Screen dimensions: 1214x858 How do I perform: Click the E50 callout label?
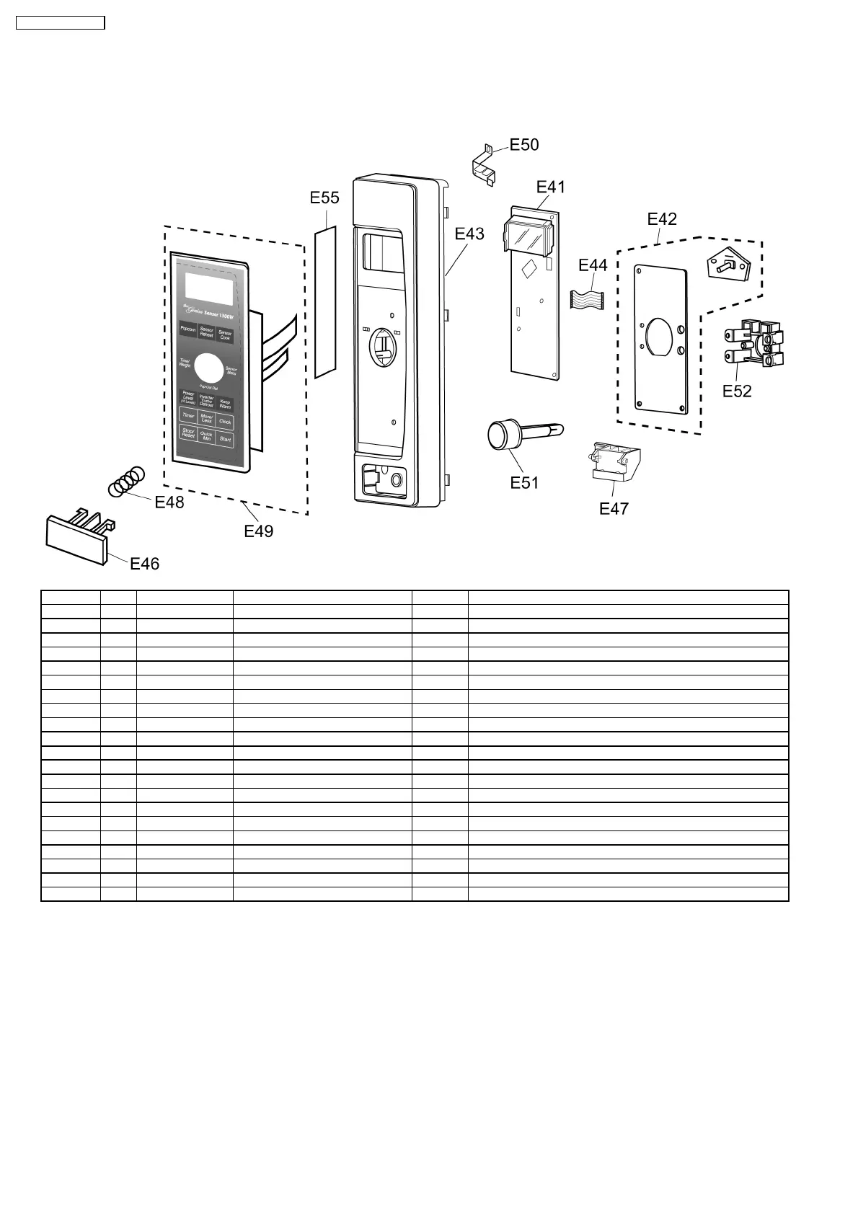524,145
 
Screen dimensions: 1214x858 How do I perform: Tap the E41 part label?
551,187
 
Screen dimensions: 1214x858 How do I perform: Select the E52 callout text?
737,391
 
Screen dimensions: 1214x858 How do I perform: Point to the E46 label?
144,564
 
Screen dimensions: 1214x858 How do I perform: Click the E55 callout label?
324,198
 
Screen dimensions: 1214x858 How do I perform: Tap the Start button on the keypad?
225,439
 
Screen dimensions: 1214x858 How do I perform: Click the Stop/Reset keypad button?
188,433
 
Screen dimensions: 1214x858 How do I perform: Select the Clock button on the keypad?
225,421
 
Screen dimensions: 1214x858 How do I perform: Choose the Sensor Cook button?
225,335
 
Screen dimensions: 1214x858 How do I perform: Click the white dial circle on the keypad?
208,368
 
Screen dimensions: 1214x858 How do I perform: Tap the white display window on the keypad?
209,290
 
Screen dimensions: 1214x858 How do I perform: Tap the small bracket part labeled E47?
614,462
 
